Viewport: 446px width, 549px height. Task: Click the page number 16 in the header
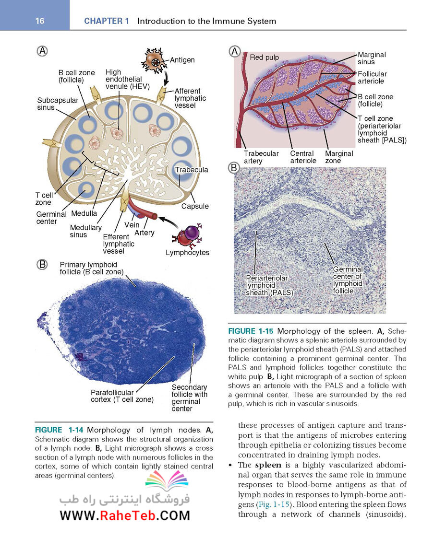(40, 21)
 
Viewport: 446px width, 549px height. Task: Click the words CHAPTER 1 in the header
(107, 21)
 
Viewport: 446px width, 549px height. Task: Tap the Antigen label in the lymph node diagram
(182, 60)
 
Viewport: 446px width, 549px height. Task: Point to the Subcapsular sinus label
(58, 104)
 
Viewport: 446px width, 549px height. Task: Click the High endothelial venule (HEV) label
(127, 79)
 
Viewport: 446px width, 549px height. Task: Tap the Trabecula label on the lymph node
(192, 170)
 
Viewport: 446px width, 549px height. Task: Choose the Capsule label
(195, 206)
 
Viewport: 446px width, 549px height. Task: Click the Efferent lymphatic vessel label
(119, 244)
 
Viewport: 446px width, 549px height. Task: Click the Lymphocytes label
(188, 252)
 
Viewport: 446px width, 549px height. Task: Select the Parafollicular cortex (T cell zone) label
(122, 396)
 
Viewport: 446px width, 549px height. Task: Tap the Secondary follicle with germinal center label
(189, 398)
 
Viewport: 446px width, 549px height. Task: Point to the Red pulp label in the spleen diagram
(265, 58)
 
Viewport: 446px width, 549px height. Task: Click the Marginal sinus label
(372, 58)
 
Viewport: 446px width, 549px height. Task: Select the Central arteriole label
(303, 157)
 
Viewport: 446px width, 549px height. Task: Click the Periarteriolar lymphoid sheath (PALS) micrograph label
(269, 285)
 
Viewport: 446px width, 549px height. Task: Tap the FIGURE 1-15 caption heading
(251, 331)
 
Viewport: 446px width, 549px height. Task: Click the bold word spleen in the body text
(268, 465)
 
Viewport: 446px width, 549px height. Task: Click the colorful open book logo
(167, 479)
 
